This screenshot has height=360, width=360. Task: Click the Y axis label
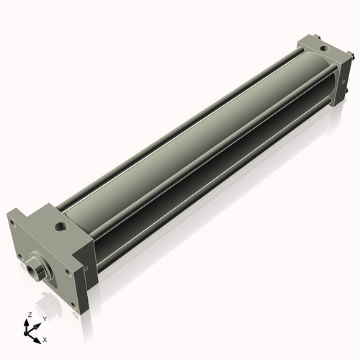(x=44, y=319)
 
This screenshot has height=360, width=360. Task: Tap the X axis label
(x=45, y=338)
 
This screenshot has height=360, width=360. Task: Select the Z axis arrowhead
(x=27, y=321)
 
